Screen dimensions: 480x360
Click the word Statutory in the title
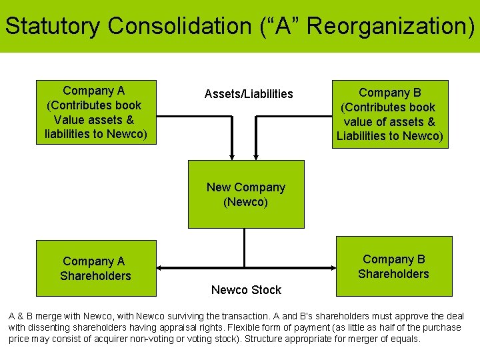(x=53, y=27)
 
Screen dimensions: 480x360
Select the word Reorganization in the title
(x=385, y=27)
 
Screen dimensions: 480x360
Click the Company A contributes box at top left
(x=94, y=113)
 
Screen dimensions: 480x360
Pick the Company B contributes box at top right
(x=390, y=114)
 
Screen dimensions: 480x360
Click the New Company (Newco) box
(x=246, y=194)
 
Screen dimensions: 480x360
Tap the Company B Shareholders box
(x=393, y=266)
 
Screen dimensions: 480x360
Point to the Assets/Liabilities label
(x=249, y=94)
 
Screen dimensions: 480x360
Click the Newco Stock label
(x=246, y=290)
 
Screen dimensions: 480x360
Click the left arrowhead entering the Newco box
(x=232, y=156)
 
